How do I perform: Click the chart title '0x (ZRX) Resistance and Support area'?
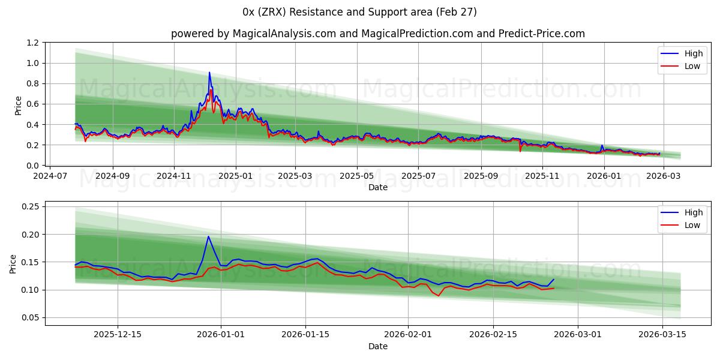(x=360, y=12)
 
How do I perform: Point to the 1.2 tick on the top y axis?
(x=32, y=43)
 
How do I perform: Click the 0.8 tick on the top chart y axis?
(x=32, y=84)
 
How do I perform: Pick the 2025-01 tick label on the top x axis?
(x=235, y=177)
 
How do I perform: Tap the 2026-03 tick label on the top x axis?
(x=664, y=177)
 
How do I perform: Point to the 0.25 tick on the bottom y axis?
(x=30, y=206)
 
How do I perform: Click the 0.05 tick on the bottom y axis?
(x=30, y=317)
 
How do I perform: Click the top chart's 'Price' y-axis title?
(x=18, y=105)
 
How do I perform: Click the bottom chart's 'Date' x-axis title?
(x=378, y=346)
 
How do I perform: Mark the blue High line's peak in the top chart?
(x=209, y=73)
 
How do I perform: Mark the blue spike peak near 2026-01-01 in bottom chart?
(x=208, y=236)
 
